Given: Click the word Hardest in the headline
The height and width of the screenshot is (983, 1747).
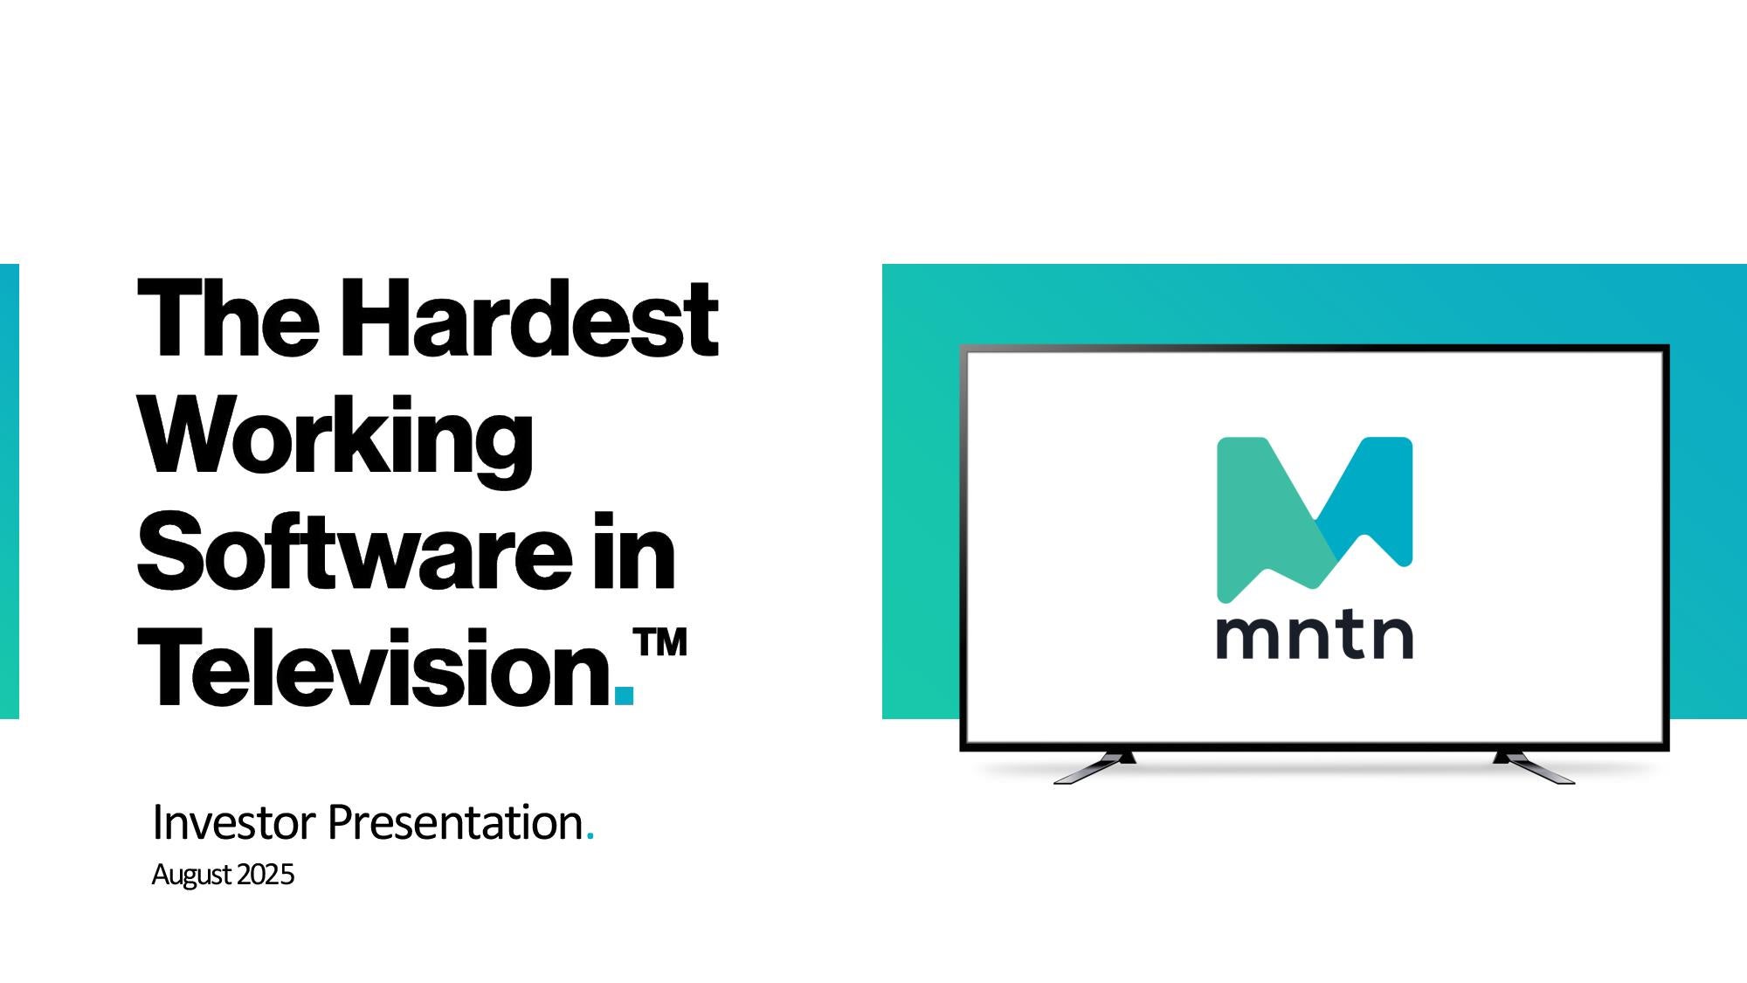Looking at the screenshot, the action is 528,318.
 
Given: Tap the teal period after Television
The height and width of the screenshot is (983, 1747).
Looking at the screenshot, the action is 625,696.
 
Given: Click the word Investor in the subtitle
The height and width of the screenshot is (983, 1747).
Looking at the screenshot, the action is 233,822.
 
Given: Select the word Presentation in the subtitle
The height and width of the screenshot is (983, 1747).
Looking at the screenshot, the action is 455,822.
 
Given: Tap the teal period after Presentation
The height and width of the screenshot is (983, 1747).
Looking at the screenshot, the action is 590,837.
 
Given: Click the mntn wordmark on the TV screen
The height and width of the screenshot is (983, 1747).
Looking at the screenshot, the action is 1315,636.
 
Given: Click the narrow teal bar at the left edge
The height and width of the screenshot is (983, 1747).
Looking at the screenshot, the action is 9,491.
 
